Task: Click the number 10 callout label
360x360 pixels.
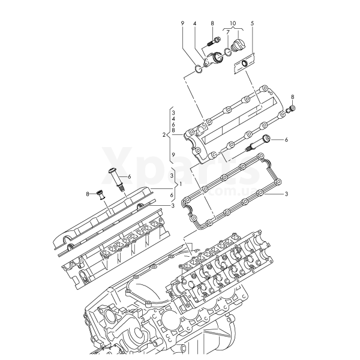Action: [233, 23]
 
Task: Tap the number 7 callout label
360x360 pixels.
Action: [228, 32]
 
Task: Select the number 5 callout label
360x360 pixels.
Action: [253, 23]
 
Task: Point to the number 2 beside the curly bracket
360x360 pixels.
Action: [164, 134]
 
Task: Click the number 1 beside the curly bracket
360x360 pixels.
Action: [181, 184]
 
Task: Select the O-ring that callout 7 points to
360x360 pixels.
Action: [228, 52]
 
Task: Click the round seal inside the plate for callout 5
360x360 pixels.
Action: [245, 64]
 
